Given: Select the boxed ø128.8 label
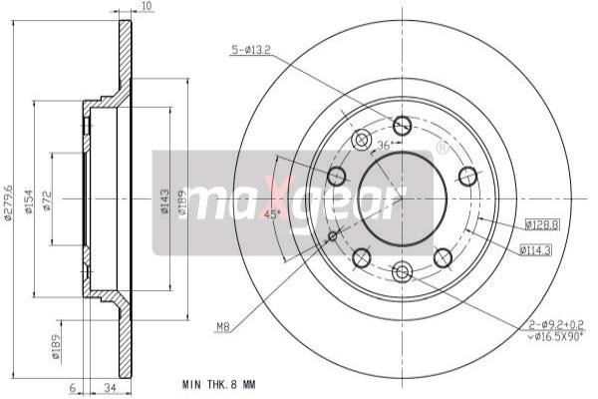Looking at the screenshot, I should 540,225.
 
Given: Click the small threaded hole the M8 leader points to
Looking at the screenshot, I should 331,235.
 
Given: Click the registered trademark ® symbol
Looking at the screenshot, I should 442,149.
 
